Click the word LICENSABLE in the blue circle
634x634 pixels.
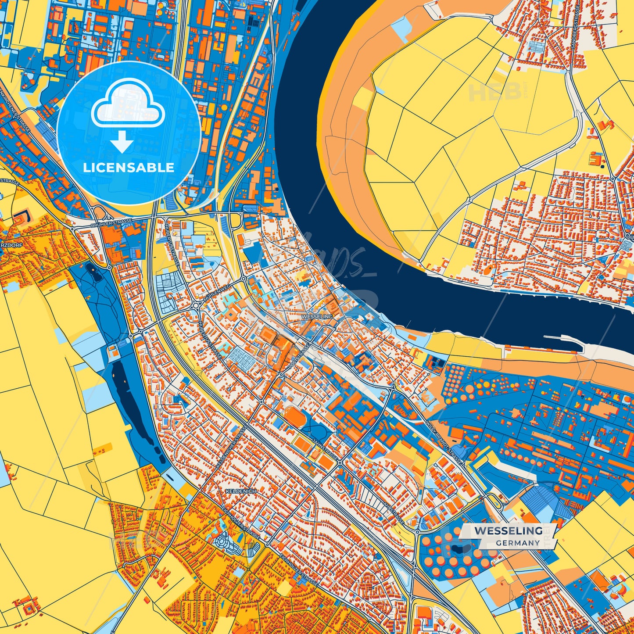click(129, 168)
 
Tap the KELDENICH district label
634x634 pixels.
click(240, 491)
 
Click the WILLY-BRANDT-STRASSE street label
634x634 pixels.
click(444, 443)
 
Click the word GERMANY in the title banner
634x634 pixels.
click(518, 543)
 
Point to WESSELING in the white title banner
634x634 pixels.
click(508, 530)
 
